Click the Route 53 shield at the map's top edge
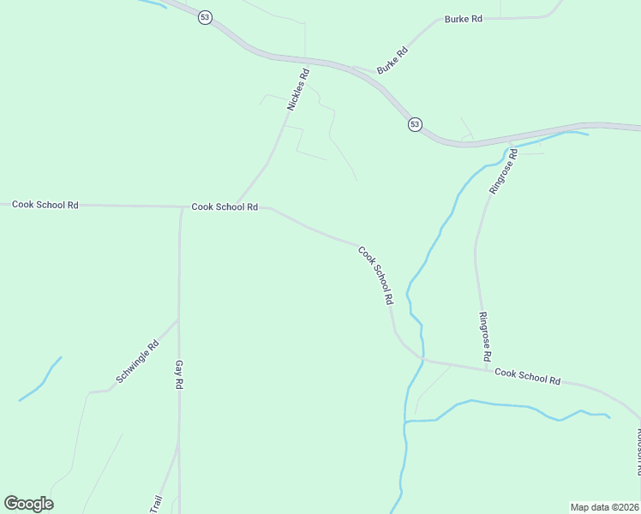tap(204, 17)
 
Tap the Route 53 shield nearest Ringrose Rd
tap(415, 124)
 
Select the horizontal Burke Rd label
tap(464, 18)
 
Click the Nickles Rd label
tap(298, 89)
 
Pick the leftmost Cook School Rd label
tap(45, 205)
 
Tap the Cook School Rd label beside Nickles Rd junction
tap(225, 206)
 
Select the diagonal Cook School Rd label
tap(375, 276)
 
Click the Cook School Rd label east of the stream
tap(527, 375)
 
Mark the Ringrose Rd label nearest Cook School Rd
tap(484, 335)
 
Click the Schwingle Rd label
tap(138, 363)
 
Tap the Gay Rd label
tap(180, 375)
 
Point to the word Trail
tap(156, 505)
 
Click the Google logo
tap(28, 504)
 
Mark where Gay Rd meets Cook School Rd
tap(181, 207)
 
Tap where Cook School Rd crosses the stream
tap(422, 360)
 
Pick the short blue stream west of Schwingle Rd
tap(40, 379)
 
